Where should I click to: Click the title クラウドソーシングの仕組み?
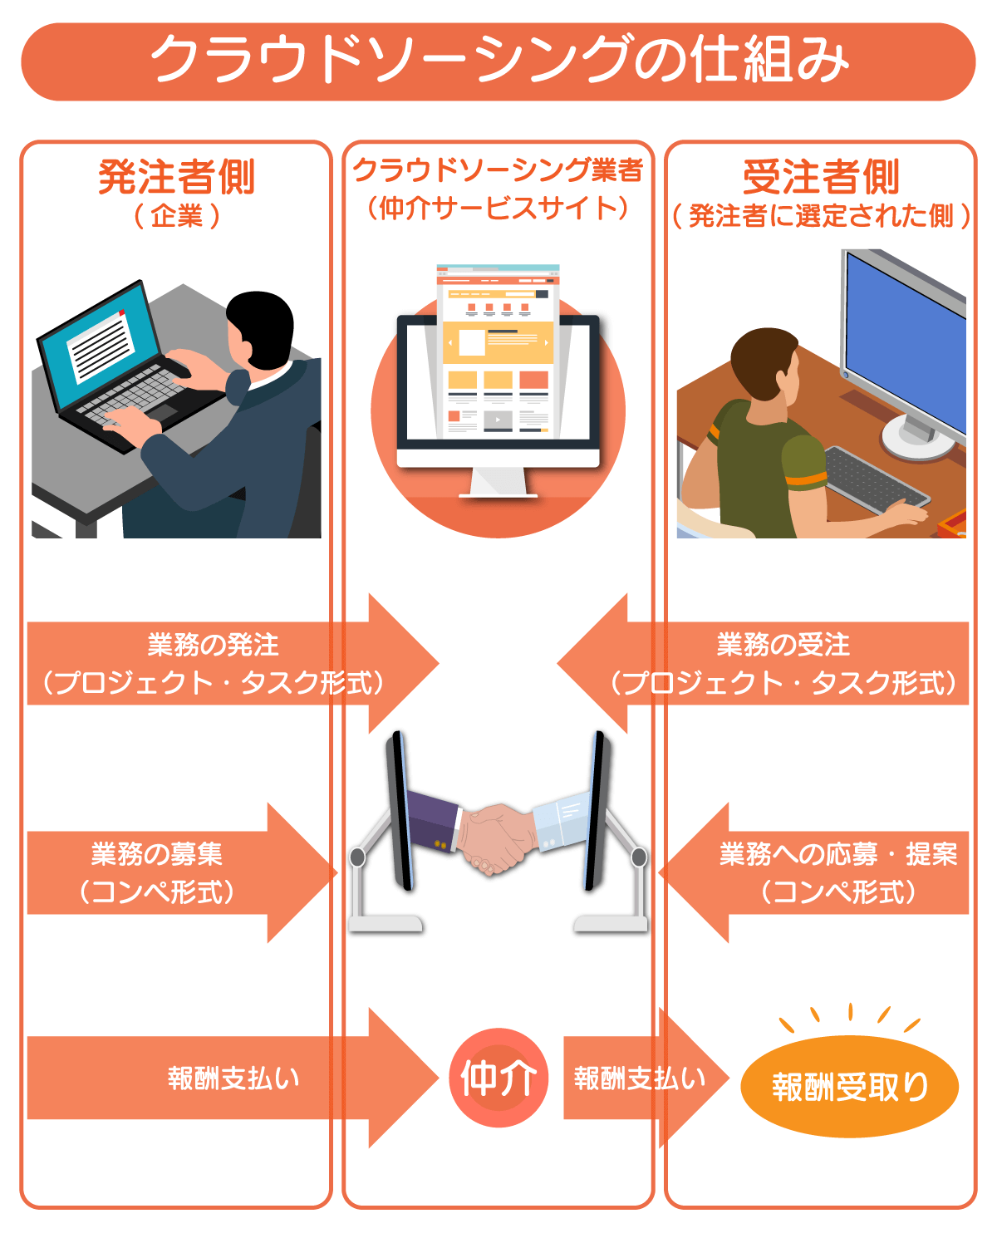coord(498,60)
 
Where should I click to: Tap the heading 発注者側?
coord(177,177)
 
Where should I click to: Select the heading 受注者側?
coord(821,177)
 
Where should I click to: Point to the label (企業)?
coord(177,217)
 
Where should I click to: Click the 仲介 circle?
coord(498,1078)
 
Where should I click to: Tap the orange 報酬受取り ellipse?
coord(849,1086)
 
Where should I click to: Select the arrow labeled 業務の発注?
coord(233,663)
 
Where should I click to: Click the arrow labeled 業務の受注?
coord(763,663)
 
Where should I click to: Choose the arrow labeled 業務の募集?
coord(182,872)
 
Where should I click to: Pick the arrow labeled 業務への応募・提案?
coord(813,872)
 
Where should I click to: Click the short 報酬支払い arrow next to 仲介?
coord(646,1078)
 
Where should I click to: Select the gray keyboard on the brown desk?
coord(875,481)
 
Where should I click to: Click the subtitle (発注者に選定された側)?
coord(821,216)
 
